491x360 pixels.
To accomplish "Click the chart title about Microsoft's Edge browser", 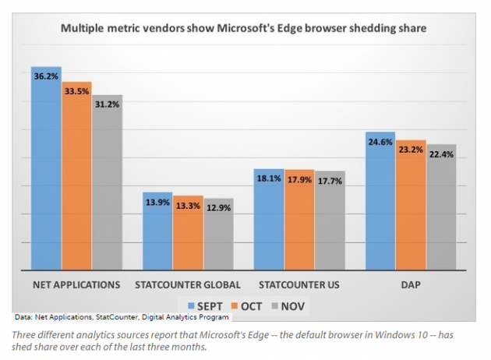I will point(245,30).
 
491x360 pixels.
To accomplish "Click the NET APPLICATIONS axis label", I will point(76,284).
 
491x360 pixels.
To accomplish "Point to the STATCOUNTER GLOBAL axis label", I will point(188,284).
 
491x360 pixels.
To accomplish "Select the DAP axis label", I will point(410,284).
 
